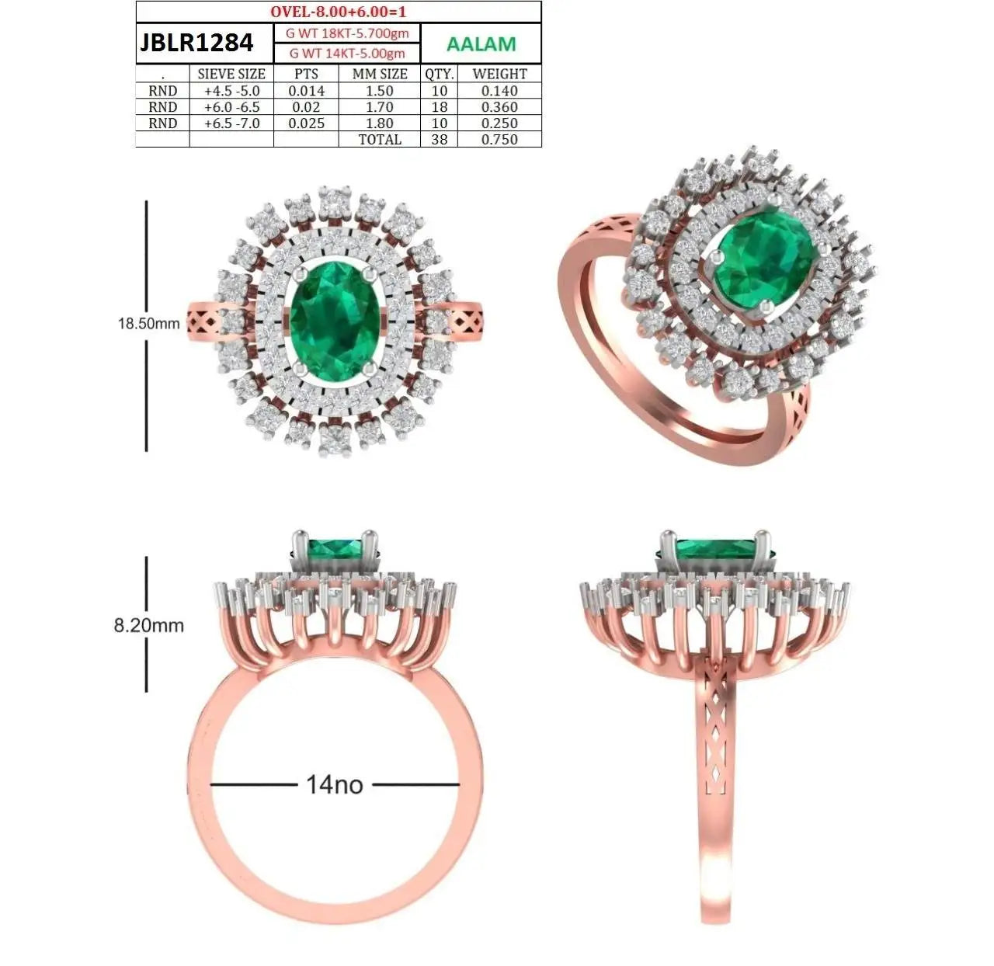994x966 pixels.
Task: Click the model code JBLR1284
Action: pyautogui.click(x=196, y=43)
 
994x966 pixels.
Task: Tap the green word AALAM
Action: pyautogui.click(x=481, y=44)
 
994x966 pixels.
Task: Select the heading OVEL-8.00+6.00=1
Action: pyautogui.click(x=338, y=12)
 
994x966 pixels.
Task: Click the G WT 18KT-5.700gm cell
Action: pyautogui.click(x=347, y=33)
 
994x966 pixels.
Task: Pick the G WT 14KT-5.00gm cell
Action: pyautogui.click(x=347, y=53)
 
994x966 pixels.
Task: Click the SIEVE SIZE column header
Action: pyautogui.click(x=231, y=74)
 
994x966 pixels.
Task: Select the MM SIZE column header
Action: pyautogui.click(x=380, y=74)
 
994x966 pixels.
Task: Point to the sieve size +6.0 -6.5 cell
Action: pyautogui.click(x=232, y=106)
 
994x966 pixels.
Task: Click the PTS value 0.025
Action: pyautogui.click(x=306, y=123)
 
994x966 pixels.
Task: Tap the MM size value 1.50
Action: pyautogui.click(x=380, y=90)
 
